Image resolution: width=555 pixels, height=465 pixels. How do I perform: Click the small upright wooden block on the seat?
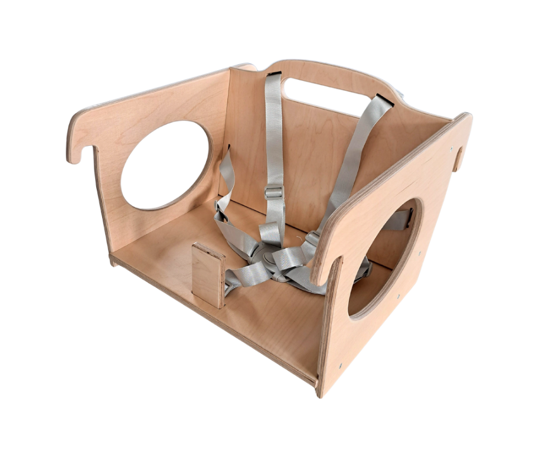click(x=208, y=274)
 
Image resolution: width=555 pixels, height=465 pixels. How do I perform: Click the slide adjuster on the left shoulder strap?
click(x=274, y=192)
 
